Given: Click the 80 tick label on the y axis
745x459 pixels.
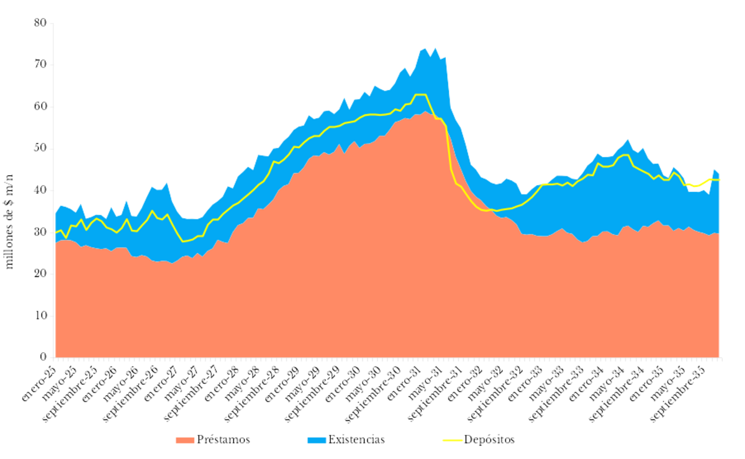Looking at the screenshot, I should (41, 23).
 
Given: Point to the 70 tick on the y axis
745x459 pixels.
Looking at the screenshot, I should (41, 65).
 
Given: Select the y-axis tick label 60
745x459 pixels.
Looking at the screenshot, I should (41, 107).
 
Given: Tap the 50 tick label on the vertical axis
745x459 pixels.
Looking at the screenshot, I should (41, 149).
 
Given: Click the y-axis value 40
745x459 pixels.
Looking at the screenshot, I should (41, 191).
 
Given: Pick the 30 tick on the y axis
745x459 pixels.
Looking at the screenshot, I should (41, 232).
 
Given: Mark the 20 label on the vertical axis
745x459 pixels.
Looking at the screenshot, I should (41, 274).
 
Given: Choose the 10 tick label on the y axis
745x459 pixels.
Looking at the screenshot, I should (41, 316).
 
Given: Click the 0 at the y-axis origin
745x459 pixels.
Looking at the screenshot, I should (43, 358).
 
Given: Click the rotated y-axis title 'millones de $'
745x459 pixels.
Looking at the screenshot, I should (9, 221).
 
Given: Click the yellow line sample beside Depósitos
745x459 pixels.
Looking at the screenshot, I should (451, 440).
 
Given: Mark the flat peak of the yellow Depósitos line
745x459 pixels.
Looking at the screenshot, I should (420, 94).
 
